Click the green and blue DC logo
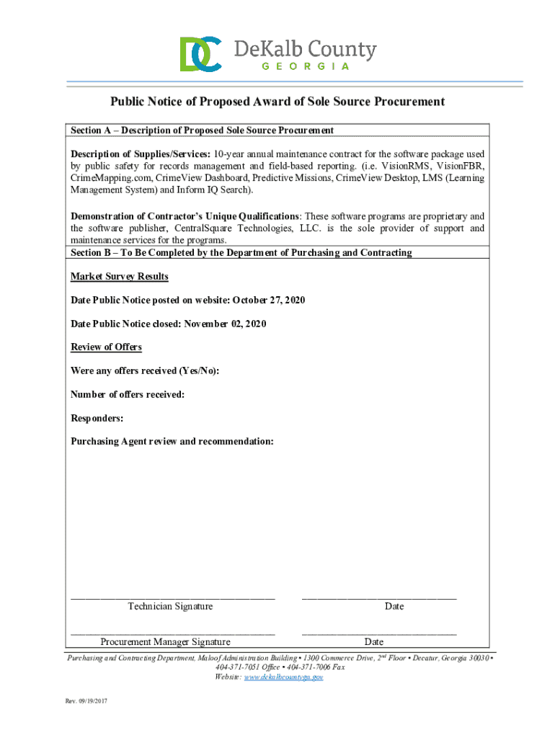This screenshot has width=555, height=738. pos(200,54)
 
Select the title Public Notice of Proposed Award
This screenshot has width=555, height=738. pos(277,102)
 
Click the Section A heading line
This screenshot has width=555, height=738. pos(202,130)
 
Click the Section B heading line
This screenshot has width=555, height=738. pos(241,253)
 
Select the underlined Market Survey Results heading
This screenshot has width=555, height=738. pos(119,277)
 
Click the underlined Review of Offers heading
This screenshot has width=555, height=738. pos(106,347)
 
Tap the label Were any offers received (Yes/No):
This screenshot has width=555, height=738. pos(145,370)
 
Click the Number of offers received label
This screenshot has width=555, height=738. pos(128,394)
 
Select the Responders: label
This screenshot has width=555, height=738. pos(97,418)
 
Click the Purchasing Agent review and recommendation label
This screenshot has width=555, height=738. pos(172,441)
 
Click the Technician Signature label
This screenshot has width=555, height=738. pos(170,607)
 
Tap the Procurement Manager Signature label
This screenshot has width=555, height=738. pos(165,642)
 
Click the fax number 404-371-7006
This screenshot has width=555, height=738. pos(309,667)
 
